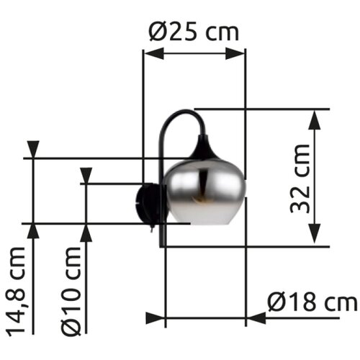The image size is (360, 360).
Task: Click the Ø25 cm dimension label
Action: (x=194, y=32)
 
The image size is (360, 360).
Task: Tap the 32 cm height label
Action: (x=300, y=179)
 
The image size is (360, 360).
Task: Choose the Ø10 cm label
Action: (x=71, y=292)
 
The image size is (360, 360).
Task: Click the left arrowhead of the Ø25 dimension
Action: (x=154, y=53)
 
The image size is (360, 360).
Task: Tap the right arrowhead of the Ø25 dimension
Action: (x=235, y=54)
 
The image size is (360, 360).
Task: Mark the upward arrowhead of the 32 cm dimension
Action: (x=315, y=120)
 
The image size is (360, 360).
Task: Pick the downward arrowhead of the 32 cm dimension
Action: (x=315, y=233)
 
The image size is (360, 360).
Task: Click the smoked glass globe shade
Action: (x=206, y=192)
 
